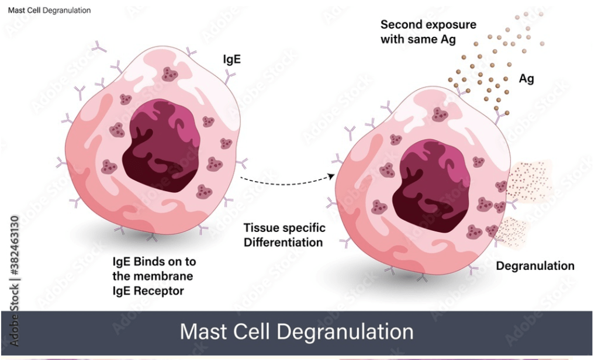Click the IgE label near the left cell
(232, 59)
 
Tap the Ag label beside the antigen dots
(526, 79)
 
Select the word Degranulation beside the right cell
(535, 266)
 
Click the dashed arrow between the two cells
(286, 183)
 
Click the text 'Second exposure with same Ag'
(428, 32)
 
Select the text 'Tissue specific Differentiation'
(284, 234)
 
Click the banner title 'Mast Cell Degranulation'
(296, 331)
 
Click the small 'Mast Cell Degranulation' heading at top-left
(49, 11)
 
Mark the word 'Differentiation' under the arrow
(284, 241)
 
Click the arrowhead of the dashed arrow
(332, 175)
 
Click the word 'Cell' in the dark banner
(253, 331)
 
